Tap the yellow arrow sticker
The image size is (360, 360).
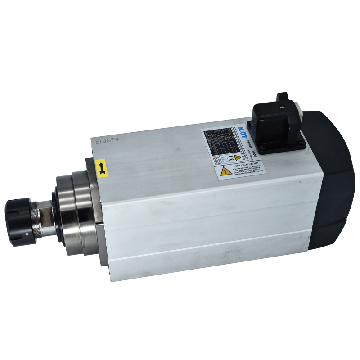point(102,167)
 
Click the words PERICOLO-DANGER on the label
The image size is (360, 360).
point(244,166)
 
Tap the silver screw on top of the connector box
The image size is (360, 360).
point(282,107)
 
